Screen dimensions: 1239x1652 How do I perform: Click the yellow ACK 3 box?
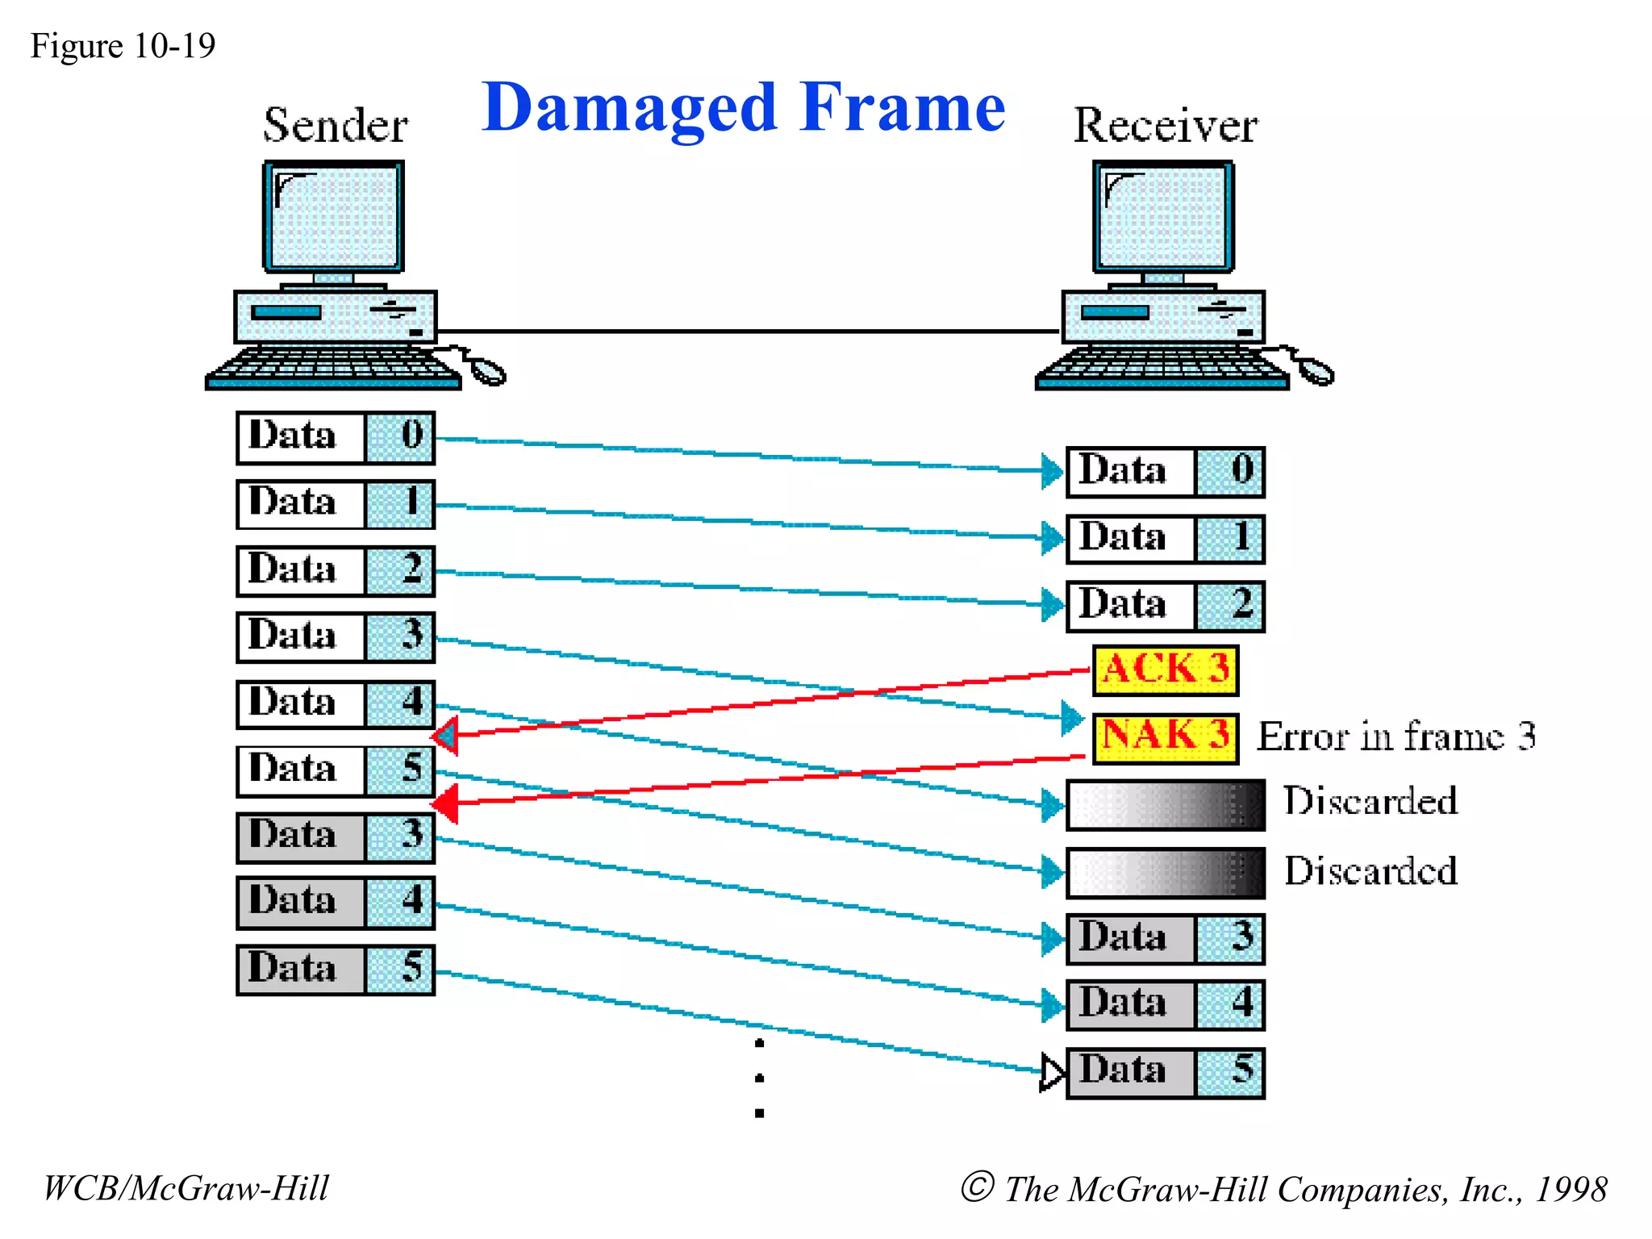1165,670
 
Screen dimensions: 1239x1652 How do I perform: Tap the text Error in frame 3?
1395,736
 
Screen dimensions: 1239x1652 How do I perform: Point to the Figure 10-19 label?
123,46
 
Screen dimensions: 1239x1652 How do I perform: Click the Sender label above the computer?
336,125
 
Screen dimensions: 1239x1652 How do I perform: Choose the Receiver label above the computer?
1165,125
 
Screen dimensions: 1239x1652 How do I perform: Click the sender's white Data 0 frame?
336,437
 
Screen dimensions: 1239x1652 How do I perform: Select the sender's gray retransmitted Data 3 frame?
336,836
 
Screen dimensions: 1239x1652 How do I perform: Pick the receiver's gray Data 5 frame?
1165,1072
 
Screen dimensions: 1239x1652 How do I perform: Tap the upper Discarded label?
1370,801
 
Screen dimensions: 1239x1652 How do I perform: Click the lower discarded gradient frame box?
1165,873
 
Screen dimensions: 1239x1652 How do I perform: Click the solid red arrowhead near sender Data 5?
446,803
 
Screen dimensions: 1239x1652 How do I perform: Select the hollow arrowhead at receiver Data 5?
1052,1072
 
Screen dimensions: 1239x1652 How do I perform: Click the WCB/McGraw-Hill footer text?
186,1188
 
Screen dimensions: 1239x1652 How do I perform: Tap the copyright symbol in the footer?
977,1187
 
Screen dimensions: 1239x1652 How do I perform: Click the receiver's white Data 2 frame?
1165,606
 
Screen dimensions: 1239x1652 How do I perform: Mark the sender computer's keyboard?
332,368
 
